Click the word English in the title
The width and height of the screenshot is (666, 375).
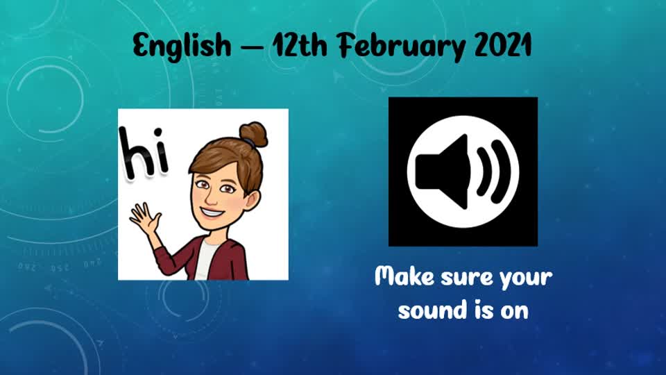point(182,46)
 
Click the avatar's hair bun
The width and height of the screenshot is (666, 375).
point(253,134)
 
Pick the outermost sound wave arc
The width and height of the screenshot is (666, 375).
point(504,171)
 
